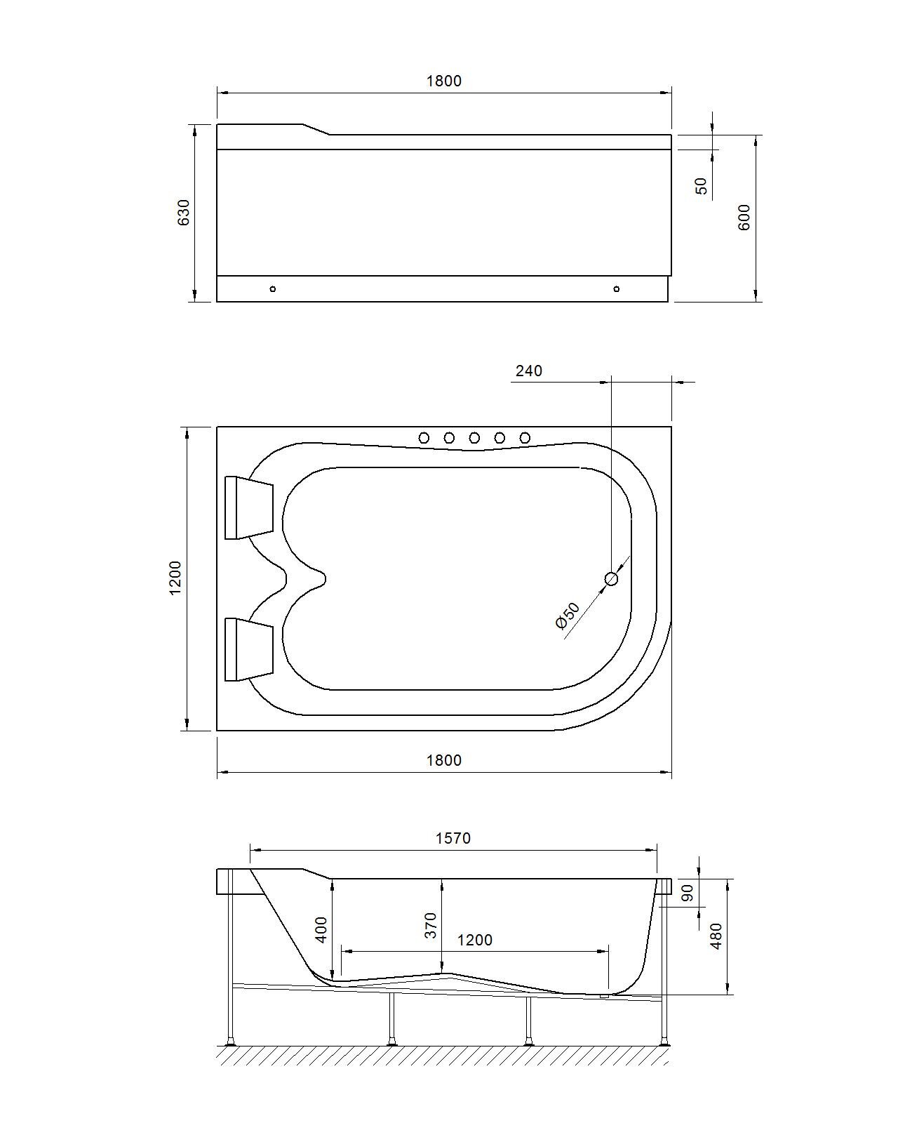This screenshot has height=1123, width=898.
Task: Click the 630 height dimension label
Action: click(184, 213)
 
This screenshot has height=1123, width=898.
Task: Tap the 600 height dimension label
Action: click(744, 217)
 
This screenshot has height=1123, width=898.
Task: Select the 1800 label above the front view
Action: click(444, 81)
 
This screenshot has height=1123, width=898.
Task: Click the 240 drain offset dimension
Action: click(529, 371)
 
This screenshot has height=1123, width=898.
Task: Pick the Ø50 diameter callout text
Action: click(568, 616)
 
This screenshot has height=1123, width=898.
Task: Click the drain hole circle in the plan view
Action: click(611, 579)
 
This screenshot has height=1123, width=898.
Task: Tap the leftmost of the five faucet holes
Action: click(424, 438)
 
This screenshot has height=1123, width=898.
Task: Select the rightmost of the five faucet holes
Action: click(525, 438)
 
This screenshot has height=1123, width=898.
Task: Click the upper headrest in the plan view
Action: click(249, 507)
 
